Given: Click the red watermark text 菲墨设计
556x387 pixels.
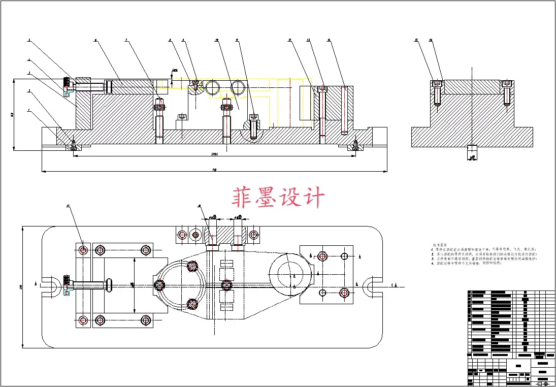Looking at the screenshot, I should point(278,198).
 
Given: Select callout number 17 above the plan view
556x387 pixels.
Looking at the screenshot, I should point(68,206).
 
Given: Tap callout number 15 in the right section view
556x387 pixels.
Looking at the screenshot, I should point(417,40).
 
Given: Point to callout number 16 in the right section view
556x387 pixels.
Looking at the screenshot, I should point(431,40).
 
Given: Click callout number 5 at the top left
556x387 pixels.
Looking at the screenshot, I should point(29,40).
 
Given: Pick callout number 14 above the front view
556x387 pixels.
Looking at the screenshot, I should point(329,40).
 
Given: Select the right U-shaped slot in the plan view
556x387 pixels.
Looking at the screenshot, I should point(376,285).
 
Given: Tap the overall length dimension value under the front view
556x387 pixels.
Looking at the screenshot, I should point(215,170).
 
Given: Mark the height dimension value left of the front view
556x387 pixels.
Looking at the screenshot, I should point(12,115).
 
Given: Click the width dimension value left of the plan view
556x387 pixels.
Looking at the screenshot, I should point(21,287).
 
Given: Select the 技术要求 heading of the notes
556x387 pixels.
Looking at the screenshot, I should point(440,245).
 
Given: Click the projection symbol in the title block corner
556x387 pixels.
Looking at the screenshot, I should point(543,383).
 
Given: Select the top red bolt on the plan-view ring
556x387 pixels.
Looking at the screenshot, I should point(192,266).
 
